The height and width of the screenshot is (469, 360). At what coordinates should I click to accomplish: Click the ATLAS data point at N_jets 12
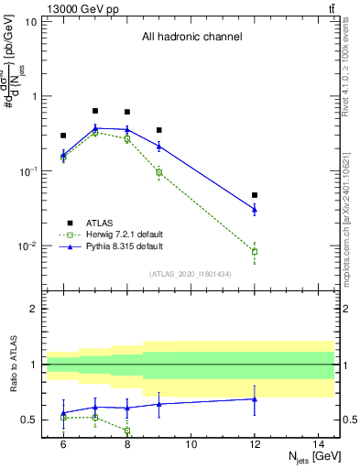pos(255,195)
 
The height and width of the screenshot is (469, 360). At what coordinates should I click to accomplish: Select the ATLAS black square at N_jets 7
pos(95,111)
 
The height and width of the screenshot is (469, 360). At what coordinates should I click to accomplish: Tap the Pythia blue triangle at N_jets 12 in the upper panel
pos(255,210)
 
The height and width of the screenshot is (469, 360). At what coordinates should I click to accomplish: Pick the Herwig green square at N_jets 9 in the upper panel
pos(159,172)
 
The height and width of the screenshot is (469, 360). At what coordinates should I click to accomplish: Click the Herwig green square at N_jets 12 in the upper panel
pos(255,251)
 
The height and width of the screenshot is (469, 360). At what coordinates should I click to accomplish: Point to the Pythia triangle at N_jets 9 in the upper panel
pos(159,146)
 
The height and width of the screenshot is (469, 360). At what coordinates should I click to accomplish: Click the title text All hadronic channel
pos(191,38)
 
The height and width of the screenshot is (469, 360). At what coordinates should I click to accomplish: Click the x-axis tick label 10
pos(191,443)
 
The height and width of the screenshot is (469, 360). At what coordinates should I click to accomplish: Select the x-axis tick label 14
pos(319,443)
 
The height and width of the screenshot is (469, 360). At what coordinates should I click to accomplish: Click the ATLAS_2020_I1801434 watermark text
pos(191,274)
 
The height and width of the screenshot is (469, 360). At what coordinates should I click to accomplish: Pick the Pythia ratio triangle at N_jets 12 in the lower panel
pos(255,398)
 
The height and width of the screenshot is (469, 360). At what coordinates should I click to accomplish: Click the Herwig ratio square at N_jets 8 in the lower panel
pos(127,430)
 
